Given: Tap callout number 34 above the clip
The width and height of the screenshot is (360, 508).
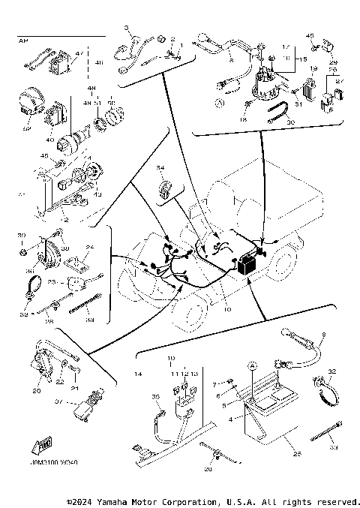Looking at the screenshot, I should (159, 167).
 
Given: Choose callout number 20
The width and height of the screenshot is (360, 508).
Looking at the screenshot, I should (36, 389).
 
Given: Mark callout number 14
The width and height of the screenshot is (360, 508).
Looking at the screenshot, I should (137, 373).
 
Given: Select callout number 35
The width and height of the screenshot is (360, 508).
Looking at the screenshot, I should (157, 397).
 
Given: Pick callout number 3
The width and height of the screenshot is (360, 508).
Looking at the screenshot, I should (127, 28).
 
